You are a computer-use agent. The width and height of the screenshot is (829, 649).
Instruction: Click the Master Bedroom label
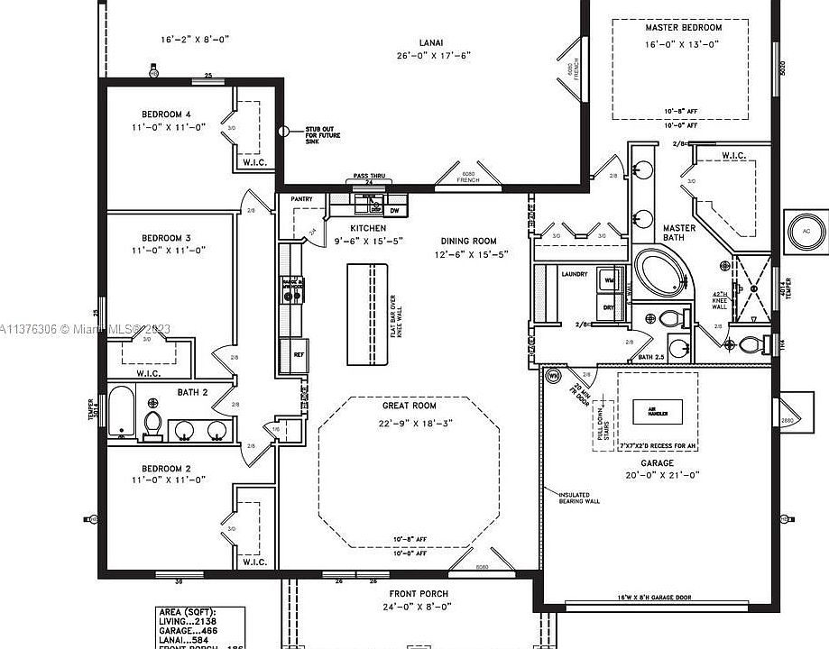tap(683, 28)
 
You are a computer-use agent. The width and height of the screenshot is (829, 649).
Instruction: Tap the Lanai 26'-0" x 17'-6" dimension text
tap(433, 55)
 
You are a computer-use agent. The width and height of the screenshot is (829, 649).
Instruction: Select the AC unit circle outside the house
tap(806, 232)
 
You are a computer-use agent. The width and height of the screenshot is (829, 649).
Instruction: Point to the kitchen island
tap(368, 314)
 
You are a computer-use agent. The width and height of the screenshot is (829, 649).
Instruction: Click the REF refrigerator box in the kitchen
tap(299, 354)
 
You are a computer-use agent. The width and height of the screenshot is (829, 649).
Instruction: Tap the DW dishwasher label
tap(394, 211)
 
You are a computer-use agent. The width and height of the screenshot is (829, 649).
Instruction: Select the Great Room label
tap(409, 406)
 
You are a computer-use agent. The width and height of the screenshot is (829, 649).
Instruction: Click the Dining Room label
tap(468, 241)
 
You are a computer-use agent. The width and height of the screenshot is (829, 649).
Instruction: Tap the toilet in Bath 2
tap(153, 425)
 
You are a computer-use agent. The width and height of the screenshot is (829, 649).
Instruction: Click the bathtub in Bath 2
tap(121, 415)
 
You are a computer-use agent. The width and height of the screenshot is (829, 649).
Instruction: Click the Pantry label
tap(300, 198)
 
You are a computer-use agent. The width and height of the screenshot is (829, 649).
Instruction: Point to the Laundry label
tap(574, 274)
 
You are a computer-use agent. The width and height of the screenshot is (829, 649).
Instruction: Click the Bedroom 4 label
tap(166, 114)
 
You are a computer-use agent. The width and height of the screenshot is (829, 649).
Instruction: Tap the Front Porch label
tap(418, 593)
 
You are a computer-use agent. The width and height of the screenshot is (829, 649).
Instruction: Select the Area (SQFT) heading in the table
tap(187, 612)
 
